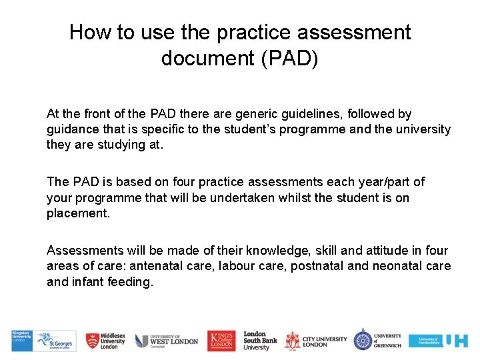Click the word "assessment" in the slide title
click(x=359, y=32)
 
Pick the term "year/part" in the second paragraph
click(x=397, y=182)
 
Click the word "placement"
click(x=77, y=214)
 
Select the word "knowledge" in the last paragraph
click(x=276, y=251)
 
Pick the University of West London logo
click(x=167, y=341)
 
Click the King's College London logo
click(x=221, y=341)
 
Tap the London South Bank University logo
click(x=260, y=341)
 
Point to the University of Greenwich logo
click(x=377, y=340)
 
